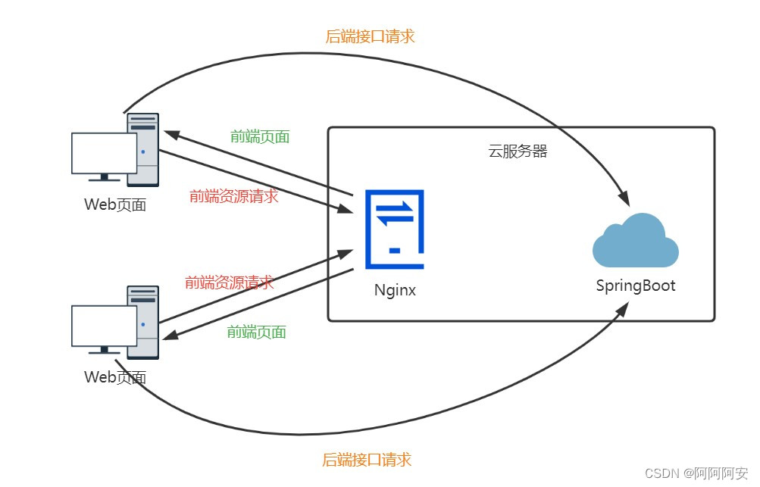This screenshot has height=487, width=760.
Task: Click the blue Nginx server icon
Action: [x=394, y=229]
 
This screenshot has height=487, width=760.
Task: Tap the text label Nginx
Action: [x=395, y=290]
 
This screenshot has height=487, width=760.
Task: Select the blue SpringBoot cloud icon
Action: [x=635, y=240]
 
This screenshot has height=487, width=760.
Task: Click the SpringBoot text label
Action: [x=635, y=286]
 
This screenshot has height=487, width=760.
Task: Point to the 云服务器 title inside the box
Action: [x=518, y=151]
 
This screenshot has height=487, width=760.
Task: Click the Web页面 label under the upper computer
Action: [x=115, y=204]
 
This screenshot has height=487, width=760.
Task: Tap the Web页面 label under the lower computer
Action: [x=115, y=377]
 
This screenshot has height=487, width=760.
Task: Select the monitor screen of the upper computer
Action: [x=104, y=153]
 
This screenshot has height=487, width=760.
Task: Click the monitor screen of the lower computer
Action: [x=104, y=326]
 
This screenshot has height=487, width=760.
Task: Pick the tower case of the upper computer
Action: [x=144, y=149]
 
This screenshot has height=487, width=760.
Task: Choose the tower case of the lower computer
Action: [x=144, y=322]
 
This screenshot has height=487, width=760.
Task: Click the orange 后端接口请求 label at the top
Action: [x=370, y=36]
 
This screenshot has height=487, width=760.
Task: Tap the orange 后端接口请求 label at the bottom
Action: [x=367, y=459]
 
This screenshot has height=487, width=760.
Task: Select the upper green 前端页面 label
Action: [x=260, y=137]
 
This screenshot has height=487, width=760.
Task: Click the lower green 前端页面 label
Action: [x=256, y=332]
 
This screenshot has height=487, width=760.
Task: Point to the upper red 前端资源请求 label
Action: [x=233, y=196]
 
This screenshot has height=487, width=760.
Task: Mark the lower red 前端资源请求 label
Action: [x=230, y=283]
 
